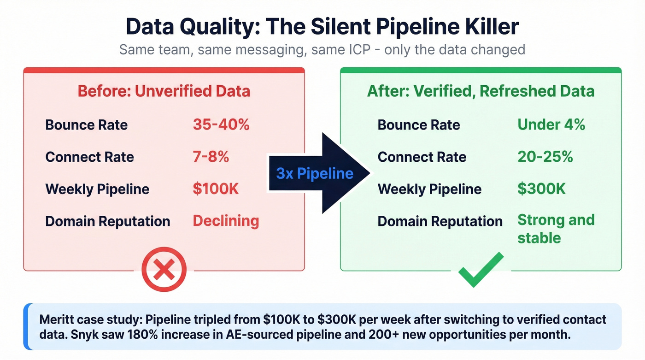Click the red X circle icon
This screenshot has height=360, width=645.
[164, 270]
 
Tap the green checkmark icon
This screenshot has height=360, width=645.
[481, 271]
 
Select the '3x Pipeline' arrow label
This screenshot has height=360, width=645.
[315, 173]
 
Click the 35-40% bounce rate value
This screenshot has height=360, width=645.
[221, 124]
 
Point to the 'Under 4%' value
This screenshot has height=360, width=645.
[551, 124]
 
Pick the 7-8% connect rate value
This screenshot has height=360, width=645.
[211, 157]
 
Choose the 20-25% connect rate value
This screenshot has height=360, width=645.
[545, 157]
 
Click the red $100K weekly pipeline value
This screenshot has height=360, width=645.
[216, 189]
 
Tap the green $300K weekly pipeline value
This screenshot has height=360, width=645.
[541, 189]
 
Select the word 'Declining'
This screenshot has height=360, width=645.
[226, 221]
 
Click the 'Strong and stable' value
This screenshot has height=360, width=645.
[556, 229]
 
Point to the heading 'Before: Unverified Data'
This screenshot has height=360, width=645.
[164, 91]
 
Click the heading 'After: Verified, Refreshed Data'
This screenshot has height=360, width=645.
[481, 91]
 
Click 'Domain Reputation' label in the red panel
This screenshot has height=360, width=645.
[107, 221]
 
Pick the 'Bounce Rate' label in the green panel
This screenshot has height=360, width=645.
[419, 124]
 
